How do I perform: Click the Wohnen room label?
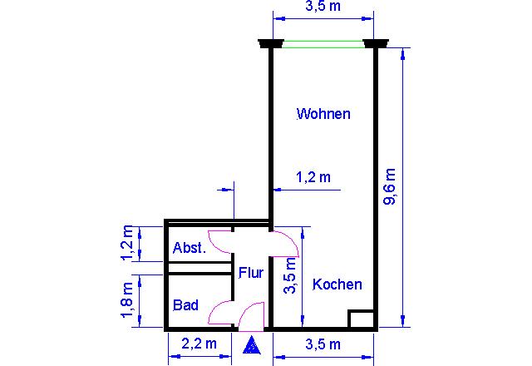(x=323, y=114)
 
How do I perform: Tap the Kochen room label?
(x=337, y=284)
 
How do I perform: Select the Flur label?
(x=251, y=273)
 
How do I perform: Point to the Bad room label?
(x=185, y=305)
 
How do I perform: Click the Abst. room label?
(x=190, y=248)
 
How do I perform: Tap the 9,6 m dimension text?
(x=390, y=186)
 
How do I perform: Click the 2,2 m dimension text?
(x=199, y=344)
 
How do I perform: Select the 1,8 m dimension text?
(x=127, y=299)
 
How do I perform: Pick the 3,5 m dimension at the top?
(x=323, y=6)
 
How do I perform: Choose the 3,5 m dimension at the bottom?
(x=323, y=344)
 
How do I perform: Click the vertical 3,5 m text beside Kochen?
(x=290, y=275)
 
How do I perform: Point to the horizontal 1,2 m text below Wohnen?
(x=313, y=177)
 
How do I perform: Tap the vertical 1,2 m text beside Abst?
(x=127, y=242)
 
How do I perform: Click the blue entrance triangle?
(x=252, y=346)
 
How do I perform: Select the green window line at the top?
(x=323, y=44)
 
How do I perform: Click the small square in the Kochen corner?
(x=362, y=319)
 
